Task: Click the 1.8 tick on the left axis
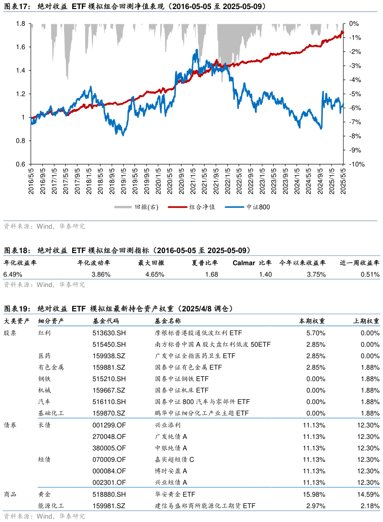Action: (x=20, y=23)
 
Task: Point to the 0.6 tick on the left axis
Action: (x=20, y=164)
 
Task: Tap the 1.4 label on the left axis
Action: (x=20, y=70)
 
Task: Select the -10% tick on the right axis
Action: (x=357, y=164)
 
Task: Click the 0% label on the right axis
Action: (x=354, y=23)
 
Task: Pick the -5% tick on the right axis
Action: (x=355, y=94)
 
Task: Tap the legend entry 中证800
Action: (x=258, y=207)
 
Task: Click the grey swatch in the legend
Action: (x=123, y=207)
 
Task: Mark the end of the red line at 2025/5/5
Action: (x=342, y=32)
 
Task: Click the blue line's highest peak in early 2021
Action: (x=197, y=50)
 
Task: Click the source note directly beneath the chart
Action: (x=44, y=226)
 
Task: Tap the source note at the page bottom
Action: (x=44, y=516)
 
